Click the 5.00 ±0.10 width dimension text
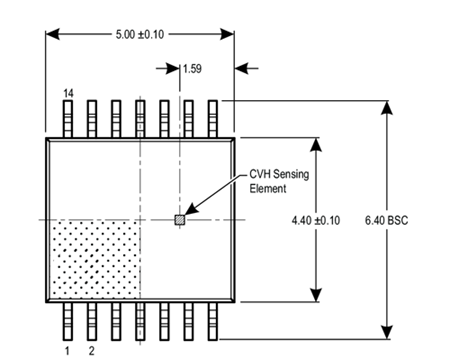coord(141,34)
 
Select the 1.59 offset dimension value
coord(193,69)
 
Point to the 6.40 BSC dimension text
coord(412,219)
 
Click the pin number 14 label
coord(68,92)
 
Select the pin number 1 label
coord(67,350)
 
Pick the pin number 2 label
coord(91,350)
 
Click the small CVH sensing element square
coord(180,219)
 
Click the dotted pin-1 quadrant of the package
coord(92,258)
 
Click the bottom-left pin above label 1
coord(67,321)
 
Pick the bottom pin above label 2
coord(91,321)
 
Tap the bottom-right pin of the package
coord(211,321)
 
